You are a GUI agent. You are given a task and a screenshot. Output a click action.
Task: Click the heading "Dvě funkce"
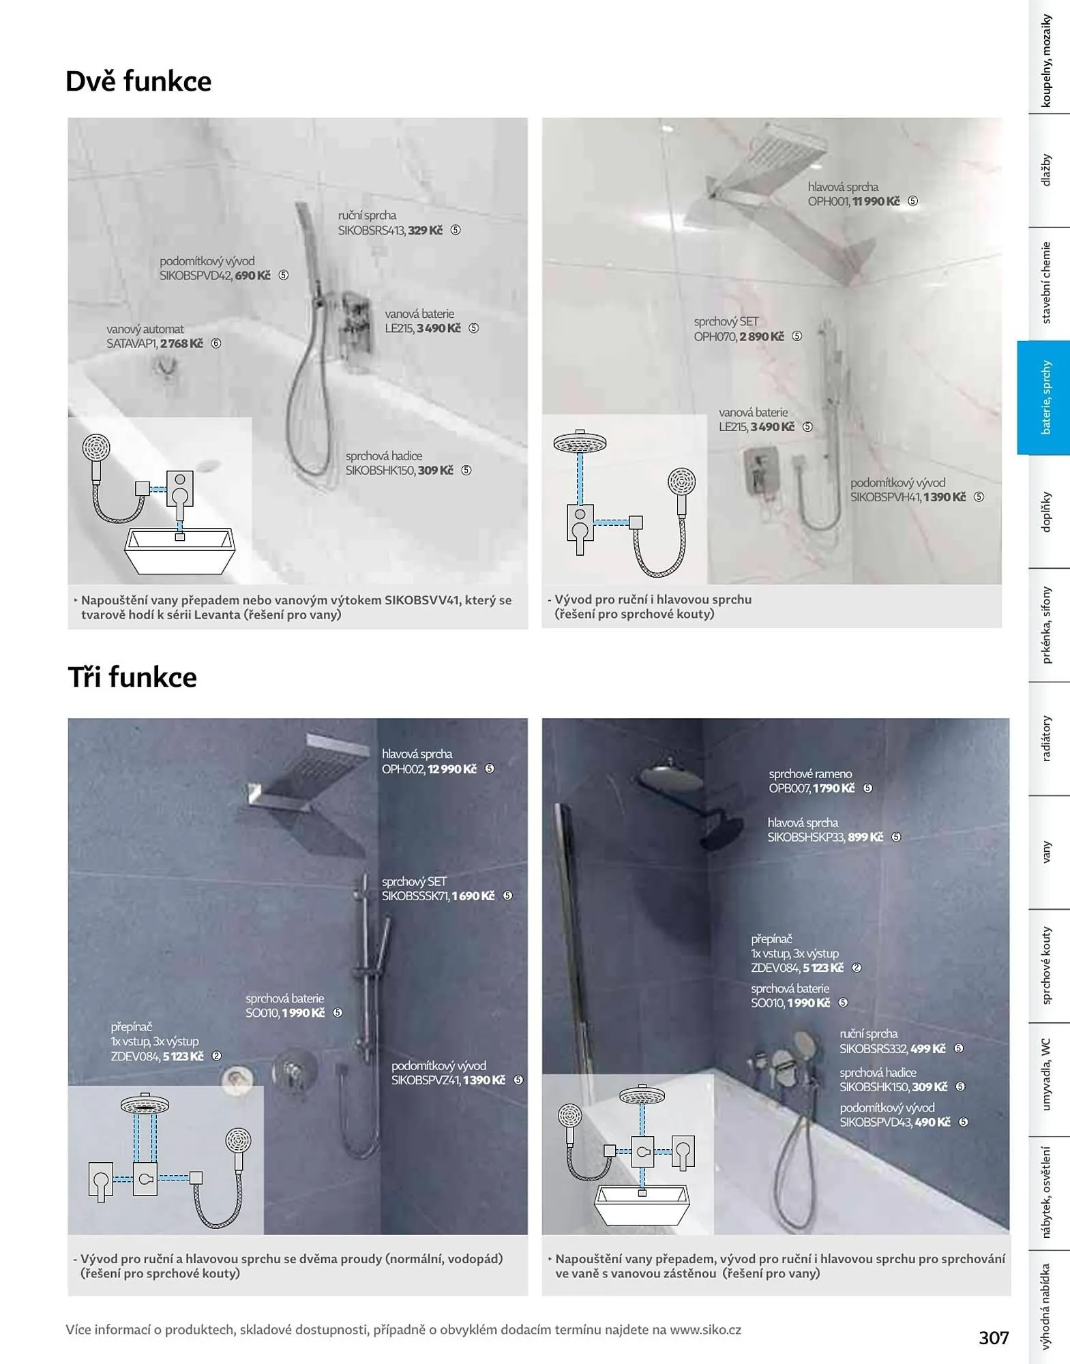point(138,82)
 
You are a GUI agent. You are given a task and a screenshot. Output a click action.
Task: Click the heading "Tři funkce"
point(132,677)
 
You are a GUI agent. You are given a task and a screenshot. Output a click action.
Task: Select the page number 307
point(994,1338)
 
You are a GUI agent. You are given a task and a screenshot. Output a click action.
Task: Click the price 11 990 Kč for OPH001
point(876,202)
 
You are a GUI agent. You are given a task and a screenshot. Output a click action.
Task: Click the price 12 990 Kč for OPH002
point(452,769)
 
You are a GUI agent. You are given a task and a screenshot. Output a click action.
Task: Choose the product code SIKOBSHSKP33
point(806,837)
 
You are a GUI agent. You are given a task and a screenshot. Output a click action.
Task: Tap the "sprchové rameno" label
point(810,774)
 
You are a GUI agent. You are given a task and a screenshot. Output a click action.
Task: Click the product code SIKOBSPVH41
point(885,497)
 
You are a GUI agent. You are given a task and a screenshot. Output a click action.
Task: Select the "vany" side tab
point(1046,852)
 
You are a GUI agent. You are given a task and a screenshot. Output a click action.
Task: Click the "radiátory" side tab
point(1046,739)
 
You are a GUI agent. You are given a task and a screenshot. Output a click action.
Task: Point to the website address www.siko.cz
point(705,1330)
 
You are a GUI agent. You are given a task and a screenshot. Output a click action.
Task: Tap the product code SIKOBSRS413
point(372,231)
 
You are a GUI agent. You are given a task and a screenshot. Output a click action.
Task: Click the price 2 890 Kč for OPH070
point(762,337)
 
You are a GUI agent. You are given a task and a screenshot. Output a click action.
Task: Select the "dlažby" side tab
point(1046,170)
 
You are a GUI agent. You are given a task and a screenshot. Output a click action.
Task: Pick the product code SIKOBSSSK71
point(415,896)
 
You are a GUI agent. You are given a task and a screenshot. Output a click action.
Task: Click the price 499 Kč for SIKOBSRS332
point(928,1049)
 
